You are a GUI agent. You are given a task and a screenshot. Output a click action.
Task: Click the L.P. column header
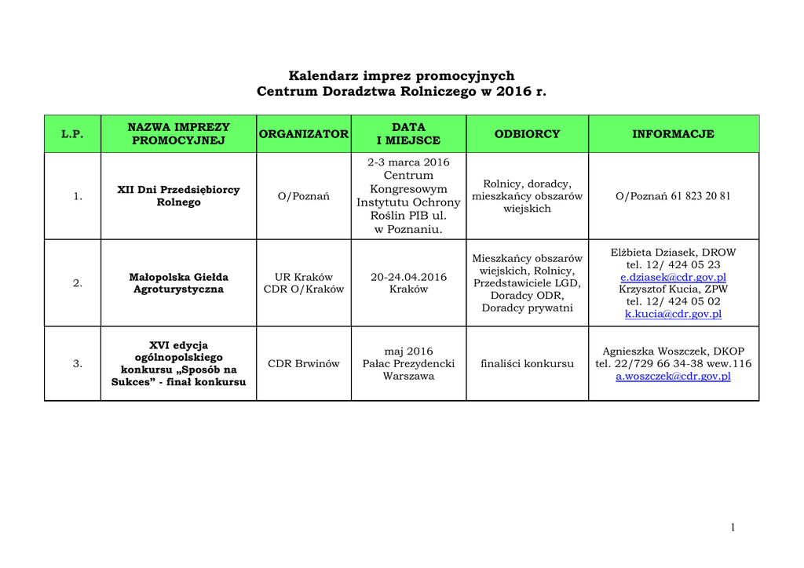click(x=71, y=134)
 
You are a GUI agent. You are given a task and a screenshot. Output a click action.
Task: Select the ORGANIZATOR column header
click(x=304, y=134)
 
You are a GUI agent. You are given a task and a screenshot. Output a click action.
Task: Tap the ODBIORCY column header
click(x=527, y=134)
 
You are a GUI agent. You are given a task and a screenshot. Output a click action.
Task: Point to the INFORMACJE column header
click(x=673, y=134)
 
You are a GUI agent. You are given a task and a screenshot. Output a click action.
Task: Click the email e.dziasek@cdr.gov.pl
click(x=673, y=277)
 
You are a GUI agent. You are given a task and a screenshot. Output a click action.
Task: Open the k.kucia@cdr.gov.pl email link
click(x=673, y=314)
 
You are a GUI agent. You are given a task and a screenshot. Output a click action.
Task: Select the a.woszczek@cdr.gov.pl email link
click(x=673, y=376)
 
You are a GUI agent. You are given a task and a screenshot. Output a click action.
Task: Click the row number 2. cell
click(x=78, y=283)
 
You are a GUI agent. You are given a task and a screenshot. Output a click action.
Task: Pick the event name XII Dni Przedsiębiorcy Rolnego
click(x=178, y=196)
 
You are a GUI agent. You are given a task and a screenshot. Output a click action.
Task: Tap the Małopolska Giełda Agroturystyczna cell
click(x=178, y=283)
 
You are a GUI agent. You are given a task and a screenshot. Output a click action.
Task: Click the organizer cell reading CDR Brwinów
click(x=304, y=363)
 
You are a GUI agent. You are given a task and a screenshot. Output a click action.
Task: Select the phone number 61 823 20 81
click(x=700, y=196)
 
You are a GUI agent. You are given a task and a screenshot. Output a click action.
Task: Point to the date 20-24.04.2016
click(x=408, y=277)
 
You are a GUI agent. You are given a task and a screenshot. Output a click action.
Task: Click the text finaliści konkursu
click(x=527, y=363)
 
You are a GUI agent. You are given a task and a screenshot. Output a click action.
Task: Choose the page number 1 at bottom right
click(x=733, y=527)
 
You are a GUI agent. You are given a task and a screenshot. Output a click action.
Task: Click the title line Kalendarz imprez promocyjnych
click(x=401, y=76)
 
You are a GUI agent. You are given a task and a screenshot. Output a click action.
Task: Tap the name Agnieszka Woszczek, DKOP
click(x=673, y=351)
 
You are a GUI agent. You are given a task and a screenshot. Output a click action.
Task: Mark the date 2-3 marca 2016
click(x=408, y=162)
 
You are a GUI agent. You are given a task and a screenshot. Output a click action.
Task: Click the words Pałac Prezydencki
click(x=408, y=363)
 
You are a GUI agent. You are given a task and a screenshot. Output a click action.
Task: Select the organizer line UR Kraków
click(x=304, y=277)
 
